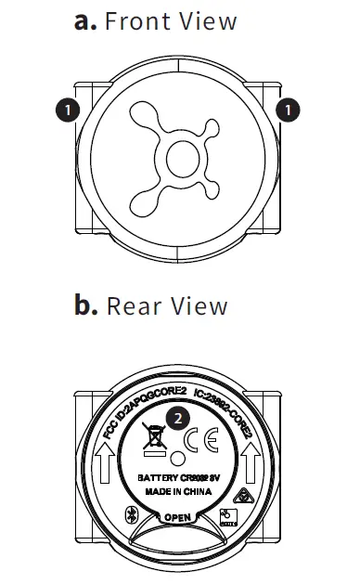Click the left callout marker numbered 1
tap(66, 110)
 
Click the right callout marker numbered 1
tap(290, 110)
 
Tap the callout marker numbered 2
tap(178, 418)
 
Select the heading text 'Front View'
tap(171, 21)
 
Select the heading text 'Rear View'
tap(167, 305)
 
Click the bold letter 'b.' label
tap(86, 305)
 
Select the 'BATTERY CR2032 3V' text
tap(179, 478)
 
